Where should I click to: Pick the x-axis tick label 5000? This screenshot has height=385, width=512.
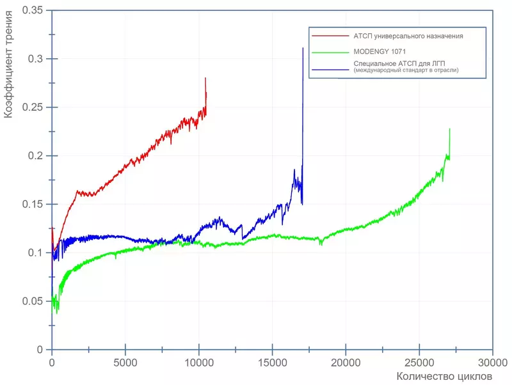click(125, 362)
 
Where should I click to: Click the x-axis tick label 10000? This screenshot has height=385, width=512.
click(198, 362)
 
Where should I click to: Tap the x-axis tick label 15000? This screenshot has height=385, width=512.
click(272, 362)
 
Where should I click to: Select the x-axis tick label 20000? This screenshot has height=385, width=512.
click(346, 362)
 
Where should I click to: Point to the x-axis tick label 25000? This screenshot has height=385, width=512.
click(419, 362)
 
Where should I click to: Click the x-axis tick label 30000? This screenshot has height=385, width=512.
click(492, 362)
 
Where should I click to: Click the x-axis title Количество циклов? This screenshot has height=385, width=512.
click(444, 376)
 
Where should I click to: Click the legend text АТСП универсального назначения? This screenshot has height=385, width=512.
click(408, 36)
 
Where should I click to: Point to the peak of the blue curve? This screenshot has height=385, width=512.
click(303, 48)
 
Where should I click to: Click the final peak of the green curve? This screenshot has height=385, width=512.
click(449, 129)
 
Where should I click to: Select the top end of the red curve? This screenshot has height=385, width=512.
click(205, 78)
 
